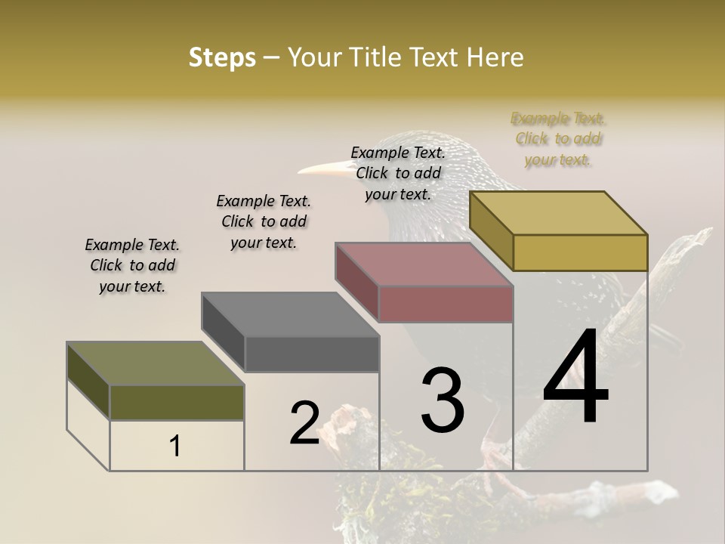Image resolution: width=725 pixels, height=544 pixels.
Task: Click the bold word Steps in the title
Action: point(222,57)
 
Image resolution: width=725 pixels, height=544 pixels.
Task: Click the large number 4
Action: point(575,377)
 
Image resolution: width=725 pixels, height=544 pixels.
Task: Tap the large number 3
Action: point(443,400)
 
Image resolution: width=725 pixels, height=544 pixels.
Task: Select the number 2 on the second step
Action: point(304,423)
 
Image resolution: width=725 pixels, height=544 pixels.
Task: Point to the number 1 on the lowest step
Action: point(175,447)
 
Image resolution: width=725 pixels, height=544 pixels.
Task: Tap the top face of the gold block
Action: point(559,213)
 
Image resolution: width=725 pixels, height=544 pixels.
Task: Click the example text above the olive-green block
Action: point(132,265)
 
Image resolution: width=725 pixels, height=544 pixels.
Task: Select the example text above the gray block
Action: point(264,221)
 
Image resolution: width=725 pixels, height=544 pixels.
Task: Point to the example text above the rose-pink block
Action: point(398,173)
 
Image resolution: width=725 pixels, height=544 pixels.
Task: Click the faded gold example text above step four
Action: point(558,139)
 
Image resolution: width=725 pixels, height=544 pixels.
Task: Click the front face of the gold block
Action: point(580,252)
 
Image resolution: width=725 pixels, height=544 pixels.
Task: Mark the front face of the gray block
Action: point(312,354)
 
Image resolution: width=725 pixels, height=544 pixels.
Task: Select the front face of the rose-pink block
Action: point(446,304)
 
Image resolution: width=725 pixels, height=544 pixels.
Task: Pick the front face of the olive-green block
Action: point(177,402)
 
